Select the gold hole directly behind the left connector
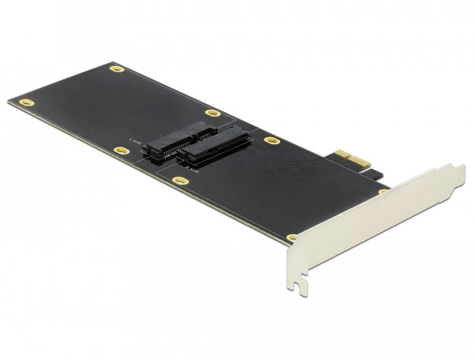coord(212,113)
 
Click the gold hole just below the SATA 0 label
coord(179,181)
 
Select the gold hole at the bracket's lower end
coord(292,237)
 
